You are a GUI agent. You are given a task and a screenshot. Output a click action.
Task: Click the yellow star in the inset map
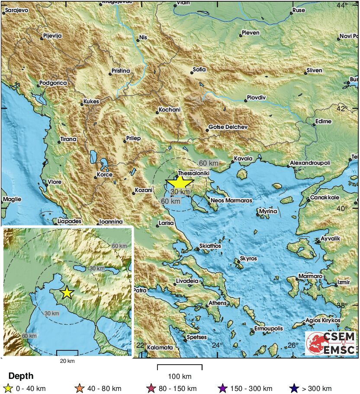(x=67, y=293)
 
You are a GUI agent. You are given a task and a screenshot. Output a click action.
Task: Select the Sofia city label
(x=199, y=69)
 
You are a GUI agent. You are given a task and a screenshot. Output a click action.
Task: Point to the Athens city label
(x=218, y=303)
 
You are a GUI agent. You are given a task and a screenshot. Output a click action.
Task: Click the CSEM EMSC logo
(x=331, y=343)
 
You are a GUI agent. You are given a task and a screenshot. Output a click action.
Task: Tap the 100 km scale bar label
(x=180, y=376)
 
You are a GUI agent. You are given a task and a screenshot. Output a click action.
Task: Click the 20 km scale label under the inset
(x=67, y=361)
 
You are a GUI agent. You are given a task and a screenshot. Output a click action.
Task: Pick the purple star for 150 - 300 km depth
(x=223, y=388)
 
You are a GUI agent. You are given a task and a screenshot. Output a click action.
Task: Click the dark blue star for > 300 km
(x=295, y=388)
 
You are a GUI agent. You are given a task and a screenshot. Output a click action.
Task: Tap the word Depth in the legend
(x=21, y=376)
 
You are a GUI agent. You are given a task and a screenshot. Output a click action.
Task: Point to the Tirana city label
(x=68, y=139)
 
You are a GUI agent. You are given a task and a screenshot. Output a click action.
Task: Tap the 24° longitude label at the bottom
(x=217, y=345)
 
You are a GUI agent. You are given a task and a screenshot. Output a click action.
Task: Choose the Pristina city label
(x=121, y=70)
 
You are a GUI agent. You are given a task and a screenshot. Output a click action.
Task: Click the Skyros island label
(x=248, y=259)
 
